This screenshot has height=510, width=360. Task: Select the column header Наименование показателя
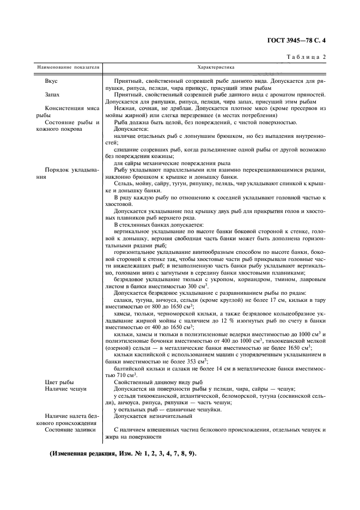click(68, 68)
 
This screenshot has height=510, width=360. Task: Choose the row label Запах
click(53, 94)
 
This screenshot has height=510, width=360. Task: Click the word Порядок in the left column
click(58, 169)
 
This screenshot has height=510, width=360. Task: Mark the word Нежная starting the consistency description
click(124, 108)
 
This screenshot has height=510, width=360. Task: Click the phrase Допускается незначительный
click(153, 416)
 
